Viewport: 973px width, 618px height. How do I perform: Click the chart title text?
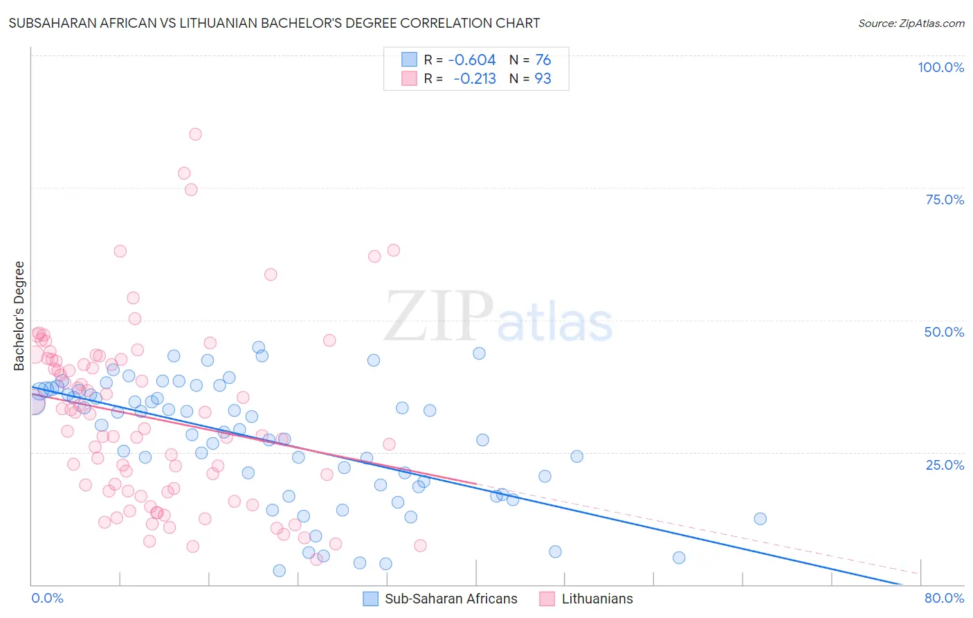tap(274, 23)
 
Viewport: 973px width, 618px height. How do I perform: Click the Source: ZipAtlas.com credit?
tap(911, 23)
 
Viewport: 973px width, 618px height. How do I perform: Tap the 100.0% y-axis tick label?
tap(940, 67)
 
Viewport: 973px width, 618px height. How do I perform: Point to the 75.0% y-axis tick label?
tap(945, 200)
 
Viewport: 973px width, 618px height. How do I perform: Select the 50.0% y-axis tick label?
tap(944, 332)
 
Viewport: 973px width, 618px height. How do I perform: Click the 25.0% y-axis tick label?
tap(945, 465)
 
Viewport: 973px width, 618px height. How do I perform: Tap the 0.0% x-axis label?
tap(47, 598)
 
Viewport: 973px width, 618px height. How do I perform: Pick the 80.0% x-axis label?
tap(944, 598)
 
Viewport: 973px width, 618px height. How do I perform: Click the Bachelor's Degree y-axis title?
tap(19, 316)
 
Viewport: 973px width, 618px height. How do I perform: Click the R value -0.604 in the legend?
tap(472, 60)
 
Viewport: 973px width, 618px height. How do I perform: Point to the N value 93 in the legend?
tap(543, 79)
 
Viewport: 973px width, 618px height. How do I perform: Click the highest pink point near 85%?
tap(195, 134)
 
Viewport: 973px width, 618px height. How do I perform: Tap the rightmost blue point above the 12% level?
tap(760, 519)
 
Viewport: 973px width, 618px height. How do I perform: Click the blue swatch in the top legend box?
tap(410, 60)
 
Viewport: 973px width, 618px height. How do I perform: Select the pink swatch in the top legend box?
tap(410, 78)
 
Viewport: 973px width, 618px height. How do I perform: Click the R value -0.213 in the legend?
tap(474, 79)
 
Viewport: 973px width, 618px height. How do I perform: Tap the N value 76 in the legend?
tap(543, 60)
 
